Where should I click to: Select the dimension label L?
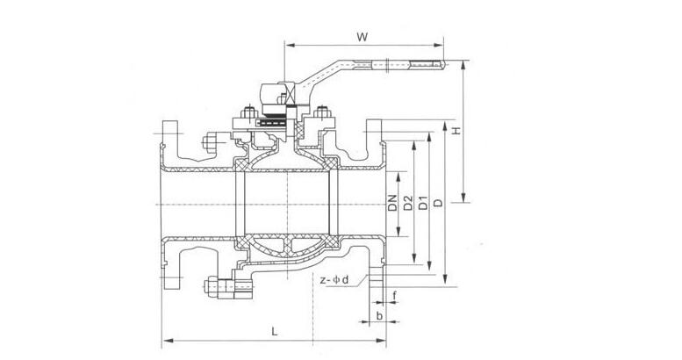pyautogui.click(x=275, y=332)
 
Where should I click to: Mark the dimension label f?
pyautogui.click(x=396, y=294)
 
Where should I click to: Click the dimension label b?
pyautogui.click(x=378, y=313)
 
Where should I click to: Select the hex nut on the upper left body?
pyautogui.click(x=211, y=141)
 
